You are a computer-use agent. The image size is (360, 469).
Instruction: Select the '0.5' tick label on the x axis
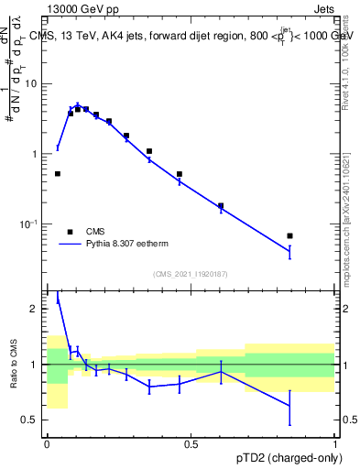191,443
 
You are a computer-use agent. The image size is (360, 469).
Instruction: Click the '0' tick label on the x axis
47,443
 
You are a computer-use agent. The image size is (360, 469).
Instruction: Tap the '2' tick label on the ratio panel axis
34,309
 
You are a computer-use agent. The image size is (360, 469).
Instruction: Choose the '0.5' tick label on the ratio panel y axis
29,420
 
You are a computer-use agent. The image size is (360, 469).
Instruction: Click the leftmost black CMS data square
58,173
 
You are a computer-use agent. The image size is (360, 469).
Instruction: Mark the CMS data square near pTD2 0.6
221,206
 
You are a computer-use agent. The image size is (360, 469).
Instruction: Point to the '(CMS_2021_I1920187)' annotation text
191,274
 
